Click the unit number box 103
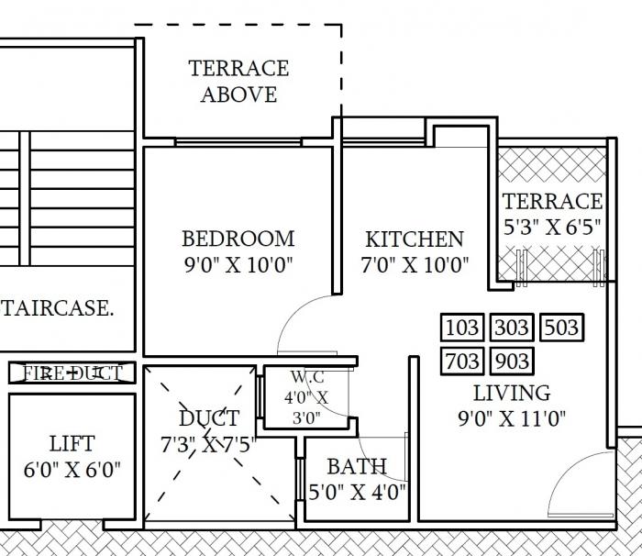click(463, 328)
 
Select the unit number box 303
click(512, 328)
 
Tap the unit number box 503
click(560, 328)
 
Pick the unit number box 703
click(463, 361)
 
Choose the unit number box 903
click(512, 361)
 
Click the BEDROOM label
click(238, 239)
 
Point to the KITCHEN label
click(415, 239)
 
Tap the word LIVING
click(512, 394)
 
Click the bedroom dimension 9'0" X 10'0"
click(238, 266)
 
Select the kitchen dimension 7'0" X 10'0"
click(415, 266)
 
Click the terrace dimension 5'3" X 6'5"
click(552, 228)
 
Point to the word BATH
click(357, 466)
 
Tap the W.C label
click(304, 377)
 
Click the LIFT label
click(72, 444)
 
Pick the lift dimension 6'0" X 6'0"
click(72, 471)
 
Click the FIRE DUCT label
click(72, 373)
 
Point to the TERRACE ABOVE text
click(238, 81)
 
